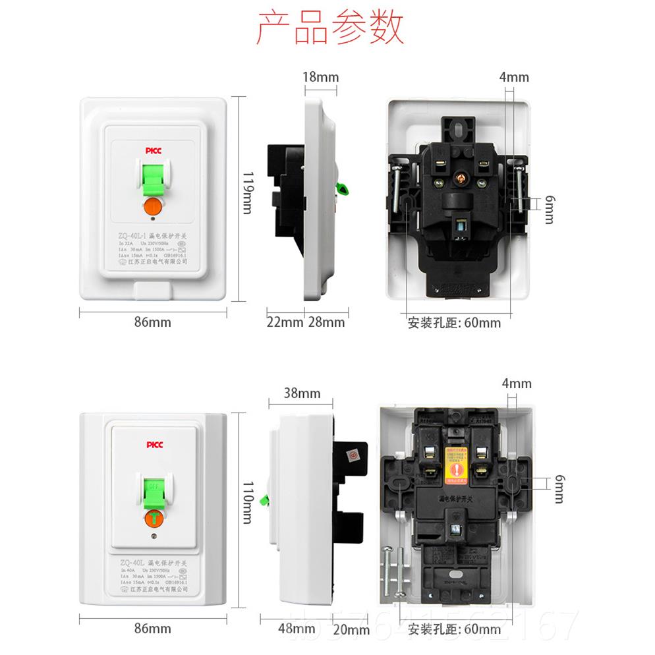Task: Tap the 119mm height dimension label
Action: (x=247, y=192)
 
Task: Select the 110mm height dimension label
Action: (x=247, y=500)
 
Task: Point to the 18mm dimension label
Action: (x=320, y=77)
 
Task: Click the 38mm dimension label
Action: (x=302, y=394)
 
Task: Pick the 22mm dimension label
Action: (x=285, y=322)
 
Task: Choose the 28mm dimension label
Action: (x=326, y=322)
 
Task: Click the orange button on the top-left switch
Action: (x=153, y=206)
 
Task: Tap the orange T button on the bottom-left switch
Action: (x=153, y=519)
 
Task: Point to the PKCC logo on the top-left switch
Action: (x=154, y=151)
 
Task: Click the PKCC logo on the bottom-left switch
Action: (x=154, y=445)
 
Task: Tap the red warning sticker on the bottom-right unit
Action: (x=455, y=465)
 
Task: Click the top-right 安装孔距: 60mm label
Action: (x=454, y=323)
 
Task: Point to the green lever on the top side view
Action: (x=343, y=190)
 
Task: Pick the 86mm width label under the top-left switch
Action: (x=153, y=322)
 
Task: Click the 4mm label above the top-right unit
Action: (x=514, y=77)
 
